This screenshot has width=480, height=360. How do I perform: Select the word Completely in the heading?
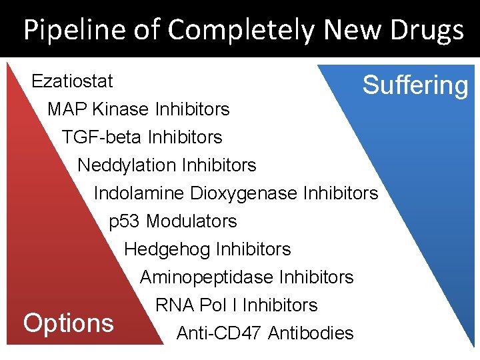pyautogui.click(x=241, y=31)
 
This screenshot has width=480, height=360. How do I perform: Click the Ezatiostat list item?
pyautogui.click(x=73, y=81)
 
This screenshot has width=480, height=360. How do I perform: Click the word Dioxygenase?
pyautogui.click(x=244, y=193)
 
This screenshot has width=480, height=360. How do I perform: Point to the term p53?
pyautogui.click(x=125, y=221)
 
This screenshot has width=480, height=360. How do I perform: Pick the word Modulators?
pyautogui.click(x=191, y=221)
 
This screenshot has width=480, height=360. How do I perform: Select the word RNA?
pyautogui.click(x=174, y=305)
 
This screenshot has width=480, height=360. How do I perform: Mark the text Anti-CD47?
pyautogui.click(x=219, y=333)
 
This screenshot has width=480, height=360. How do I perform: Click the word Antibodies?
pyautogui.click(x=311, y=333)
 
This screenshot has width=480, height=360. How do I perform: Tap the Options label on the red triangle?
pyautogui.click(x=68, y=323)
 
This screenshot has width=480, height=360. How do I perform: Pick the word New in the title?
pyautogui.click(x=349, y=31)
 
